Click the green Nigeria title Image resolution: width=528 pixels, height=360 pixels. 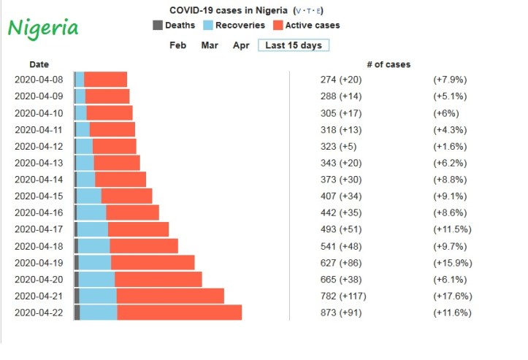pos(43,28)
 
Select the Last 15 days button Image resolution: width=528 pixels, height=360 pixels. pos(294,45)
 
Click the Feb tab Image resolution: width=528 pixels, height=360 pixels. pos(177,45)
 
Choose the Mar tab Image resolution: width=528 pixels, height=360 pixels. pos(210,45)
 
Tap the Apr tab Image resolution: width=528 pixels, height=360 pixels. pos(241,45)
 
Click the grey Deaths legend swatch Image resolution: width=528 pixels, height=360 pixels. pos(157,25)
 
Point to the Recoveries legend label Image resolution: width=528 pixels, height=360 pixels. pos(240,25)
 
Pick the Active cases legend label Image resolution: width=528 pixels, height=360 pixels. pos(313,25)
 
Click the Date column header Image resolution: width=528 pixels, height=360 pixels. pos(39,64)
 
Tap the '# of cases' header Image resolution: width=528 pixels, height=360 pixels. pos(389,64)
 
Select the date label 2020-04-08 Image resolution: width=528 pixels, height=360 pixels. pos(39,79)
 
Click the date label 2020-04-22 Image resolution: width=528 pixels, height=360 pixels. pos(39,313)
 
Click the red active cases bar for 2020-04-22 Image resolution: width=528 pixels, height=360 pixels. pos(179,313)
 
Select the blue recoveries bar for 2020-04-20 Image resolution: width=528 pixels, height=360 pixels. pos(96,280)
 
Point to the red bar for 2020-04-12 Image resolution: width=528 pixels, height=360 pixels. pos(114,146)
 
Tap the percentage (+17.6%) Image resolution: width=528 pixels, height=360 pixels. pos(452,296)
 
